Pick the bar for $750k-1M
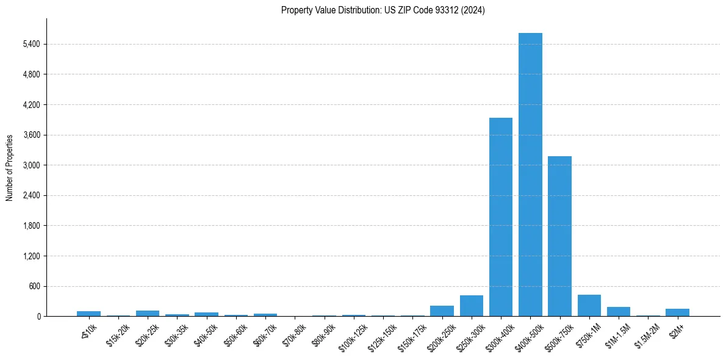[589, 306]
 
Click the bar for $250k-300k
[472, 306]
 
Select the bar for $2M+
[677, 312]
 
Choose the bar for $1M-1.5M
[619, 312]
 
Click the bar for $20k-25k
[148, 314]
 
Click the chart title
[383, 10]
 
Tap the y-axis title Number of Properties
[10, 167]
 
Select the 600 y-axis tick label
[33, 286]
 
